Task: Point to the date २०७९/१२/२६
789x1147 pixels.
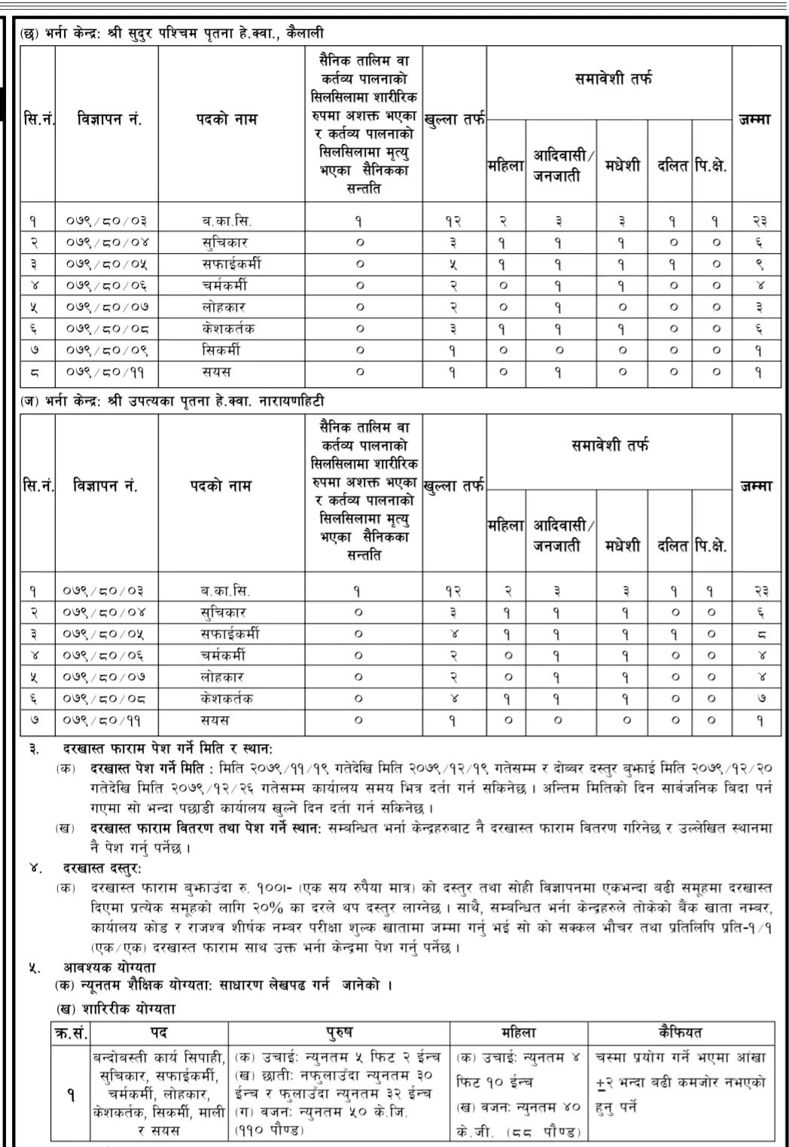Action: (188, 789)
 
